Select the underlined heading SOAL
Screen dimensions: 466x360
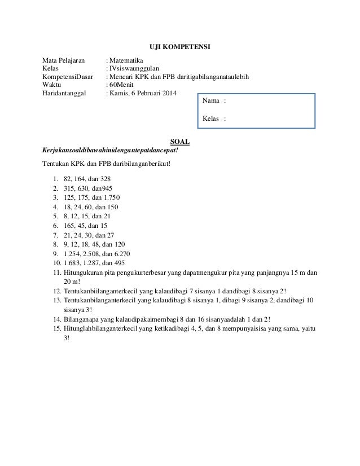179,142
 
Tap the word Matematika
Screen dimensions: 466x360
126,60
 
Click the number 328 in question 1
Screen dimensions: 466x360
105,179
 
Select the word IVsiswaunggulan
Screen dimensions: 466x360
135,68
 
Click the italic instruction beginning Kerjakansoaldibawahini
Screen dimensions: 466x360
111,151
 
